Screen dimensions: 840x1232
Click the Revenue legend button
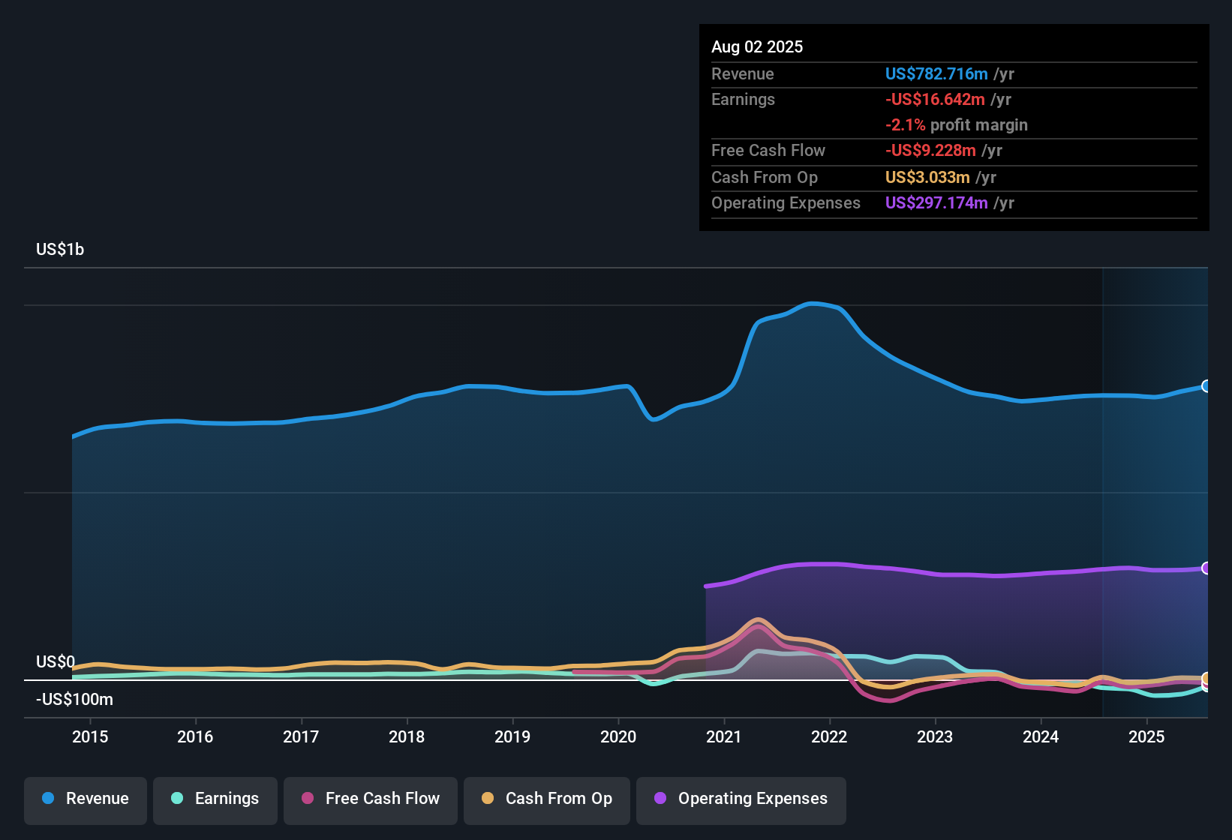[86, 799]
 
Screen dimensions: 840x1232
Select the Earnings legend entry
[215, 799]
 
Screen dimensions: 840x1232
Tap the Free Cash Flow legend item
[371, 799]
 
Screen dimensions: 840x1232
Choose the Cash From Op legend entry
[547, 799]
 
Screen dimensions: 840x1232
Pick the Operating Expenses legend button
[741, 799]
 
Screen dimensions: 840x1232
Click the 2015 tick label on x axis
[90, 736]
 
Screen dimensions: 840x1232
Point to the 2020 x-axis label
[618, 736]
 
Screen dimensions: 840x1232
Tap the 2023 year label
[935, 736]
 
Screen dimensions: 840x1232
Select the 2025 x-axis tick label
[1146, 736]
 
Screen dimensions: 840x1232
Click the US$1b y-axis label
[60, 249]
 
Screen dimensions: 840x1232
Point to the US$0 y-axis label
[56, 661]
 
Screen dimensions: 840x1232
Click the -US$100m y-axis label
[74, 699]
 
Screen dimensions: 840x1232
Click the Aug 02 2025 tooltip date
[757, 46]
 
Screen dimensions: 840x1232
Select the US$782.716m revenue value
[936, 73]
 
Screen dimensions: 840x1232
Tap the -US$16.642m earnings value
[935, 99]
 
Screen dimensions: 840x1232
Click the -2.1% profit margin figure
[906, 124]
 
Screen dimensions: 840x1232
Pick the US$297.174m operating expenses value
[936, 202]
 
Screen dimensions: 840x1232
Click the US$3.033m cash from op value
[927, 177]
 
